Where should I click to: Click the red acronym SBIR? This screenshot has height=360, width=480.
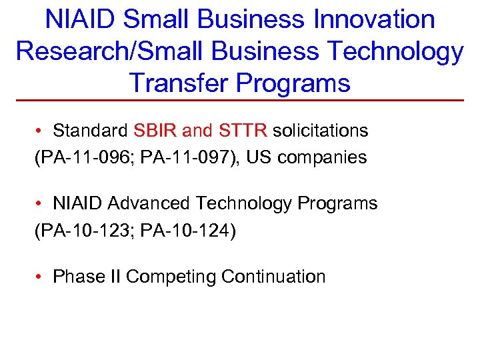[156, 131]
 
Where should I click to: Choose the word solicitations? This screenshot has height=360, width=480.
[320, 131]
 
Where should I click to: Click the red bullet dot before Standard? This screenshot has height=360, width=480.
[41, 131]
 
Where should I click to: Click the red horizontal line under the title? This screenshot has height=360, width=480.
[240, 100]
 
